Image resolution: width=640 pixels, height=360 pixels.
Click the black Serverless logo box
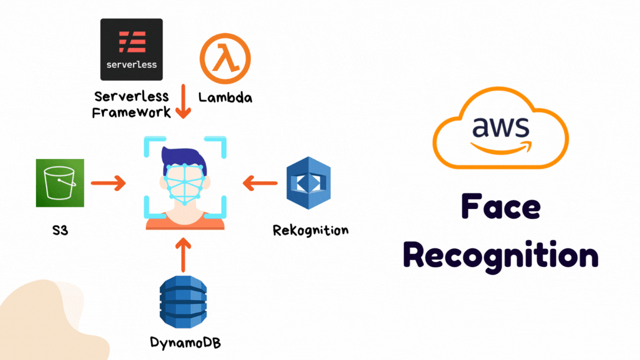131,49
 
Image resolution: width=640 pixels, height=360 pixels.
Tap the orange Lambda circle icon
225,58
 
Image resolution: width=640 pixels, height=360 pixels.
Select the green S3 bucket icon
60,183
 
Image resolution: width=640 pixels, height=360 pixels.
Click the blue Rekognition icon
308,183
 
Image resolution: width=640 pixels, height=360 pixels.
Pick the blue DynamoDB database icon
183,302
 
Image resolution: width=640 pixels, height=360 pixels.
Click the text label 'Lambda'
225,98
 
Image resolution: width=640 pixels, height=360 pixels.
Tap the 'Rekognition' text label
311,229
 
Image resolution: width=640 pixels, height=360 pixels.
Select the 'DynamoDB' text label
185,342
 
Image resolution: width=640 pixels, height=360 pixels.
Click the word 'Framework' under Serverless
131,112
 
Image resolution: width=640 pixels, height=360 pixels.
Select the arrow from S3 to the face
108,183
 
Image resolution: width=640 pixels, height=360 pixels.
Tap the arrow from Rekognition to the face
260,182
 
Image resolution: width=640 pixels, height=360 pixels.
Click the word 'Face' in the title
501,207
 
